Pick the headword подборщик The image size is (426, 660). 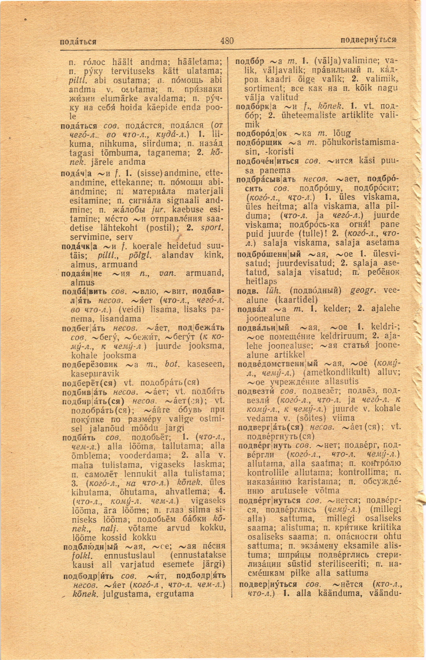259,143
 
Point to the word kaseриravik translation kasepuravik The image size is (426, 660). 95,374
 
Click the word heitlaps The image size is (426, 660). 261,281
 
